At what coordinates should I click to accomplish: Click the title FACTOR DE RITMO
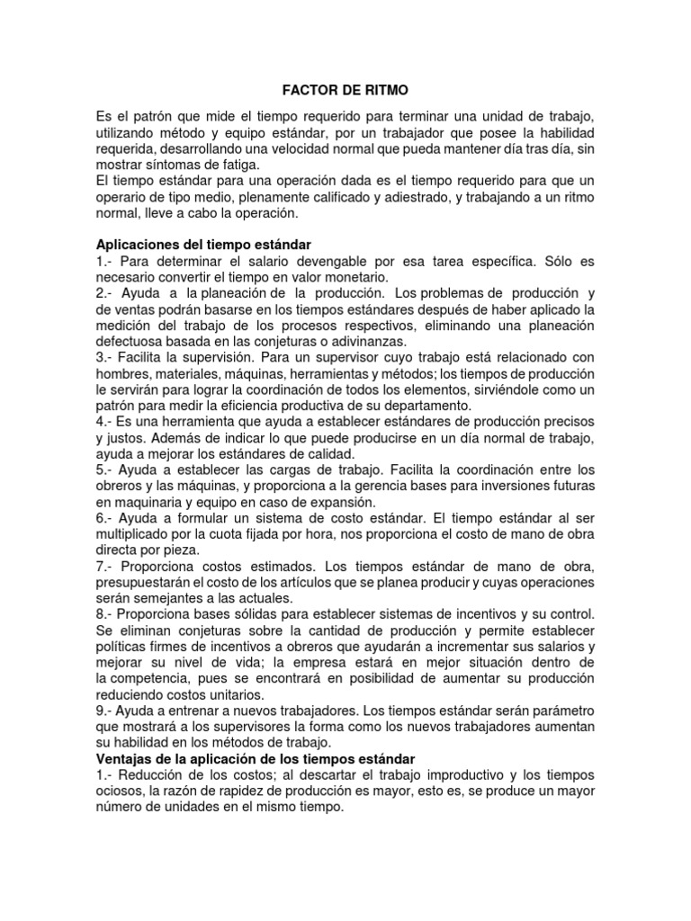pos(345,90)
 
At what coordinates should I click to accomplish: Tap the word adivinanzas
pos(361,343)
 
